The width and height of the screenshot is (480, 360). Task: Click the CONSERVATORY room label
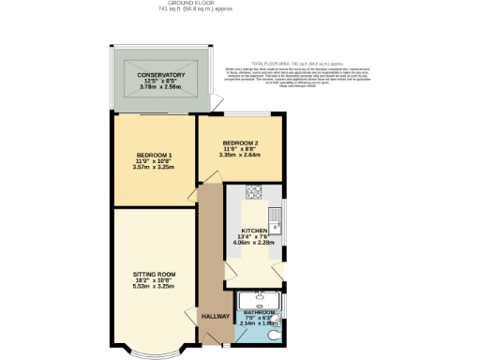click(x=160, y=75)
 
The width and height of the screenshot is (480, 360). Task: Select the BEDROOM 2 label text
click(x=239, y=142)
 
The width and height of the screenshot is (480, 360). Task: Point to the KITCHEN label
click(x=254, y=231)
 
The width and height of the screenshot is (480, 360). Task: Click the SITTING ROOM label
click(x=154, y=274)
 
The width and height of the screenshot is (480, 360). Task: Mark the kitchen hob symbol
click(x=254, y=194)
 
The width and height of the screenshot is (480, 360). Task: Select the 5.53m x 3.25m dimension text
click(x=154, y=287)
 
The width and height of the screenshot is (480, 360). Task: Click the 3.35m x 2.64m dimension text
click(x=239, y=155)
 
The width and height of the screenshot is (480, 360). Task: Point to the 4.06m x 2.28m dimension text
click(x=254, y=244)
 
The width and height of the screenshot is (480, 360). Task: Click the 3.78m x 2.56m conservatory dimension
click(x=160, y=88)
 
